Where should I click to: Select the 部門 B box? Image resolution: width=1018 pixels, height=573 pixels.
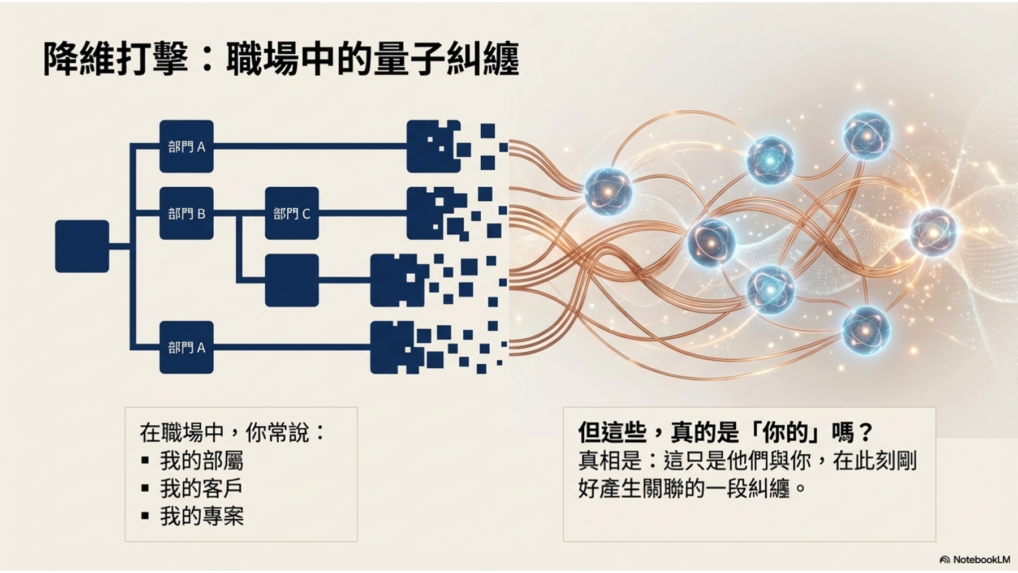click(x=186, y=213)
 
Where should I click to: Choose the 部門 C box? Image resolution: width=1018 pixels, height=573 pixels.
click(x=291, y=213)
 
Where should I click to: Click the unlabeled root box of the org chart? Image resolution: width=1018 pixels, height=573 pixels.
click(x=82, y=246)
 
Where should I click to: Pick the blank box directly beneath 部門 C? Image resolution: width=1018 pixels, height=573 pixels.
click(x=291, y=280)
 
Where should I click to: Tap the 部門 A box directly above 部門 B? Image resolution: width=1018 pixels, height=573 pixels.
click(x=186, y=146)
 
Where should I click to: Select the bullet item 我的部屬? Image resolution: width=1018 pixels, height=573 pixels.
click(x=201, y=461)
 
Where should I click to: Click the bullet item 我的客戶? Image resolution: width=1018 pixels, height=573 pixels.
click(x=201, y=488)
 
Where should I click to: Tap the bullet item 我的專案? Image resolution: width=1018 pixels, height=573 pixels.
click(x=201, y=516)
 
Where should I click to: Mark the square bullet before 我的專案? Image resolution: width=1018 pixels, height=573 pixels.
click(x=145, y=516)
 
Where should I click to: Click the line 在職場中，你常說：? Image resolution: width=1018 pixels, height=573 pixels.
click(x=232, y=433)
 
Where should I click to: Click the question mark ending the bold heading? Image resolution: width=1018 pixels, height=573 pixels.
click(x=865, y=433)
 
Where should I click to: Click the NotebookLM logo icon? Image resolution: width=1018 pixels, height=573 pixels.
click(x=944, y=560)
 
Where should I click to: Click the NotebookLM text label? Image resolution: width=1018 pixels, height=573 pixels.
click(x=981, y=560)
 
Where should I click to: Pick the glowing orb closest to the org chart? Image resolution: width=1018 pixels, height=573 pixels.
click(x=607, y=192)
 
